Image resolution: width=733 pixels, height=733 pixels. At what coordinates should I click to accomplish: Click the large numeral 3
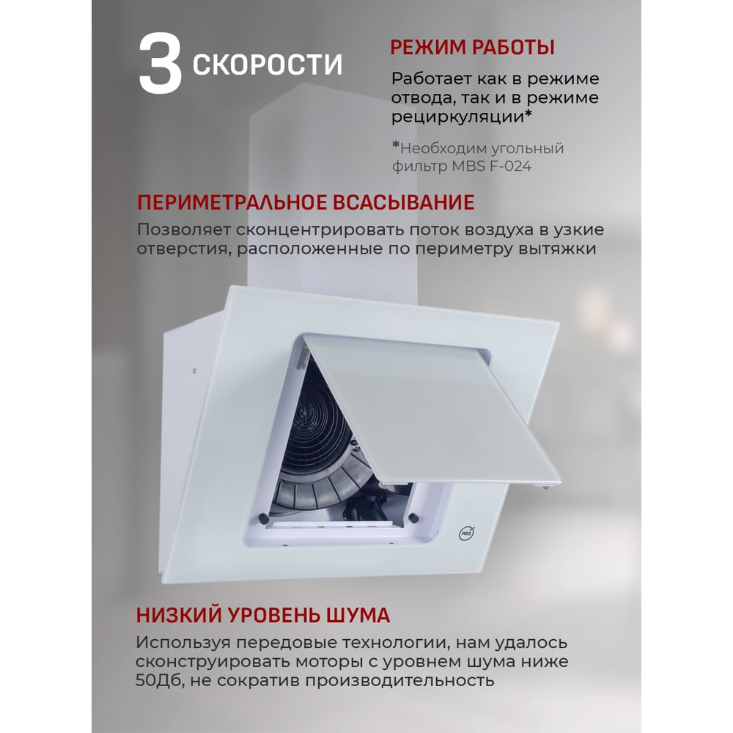click(x=160, y=64)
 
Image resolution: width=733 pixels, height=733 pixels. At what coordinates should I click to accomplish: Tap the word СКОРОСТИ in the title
click(x=267, y=64)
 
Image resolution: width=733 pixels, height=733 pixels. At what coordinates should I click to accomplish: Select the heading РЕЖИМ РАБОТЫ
click(x=472, y=48)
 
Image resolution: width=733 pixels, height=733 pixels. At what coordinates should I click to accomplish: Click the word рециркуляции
click(x=457, y=117)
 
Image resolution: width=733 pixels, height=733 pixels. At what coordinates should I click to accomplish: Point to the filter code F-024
click(x=510, y=166)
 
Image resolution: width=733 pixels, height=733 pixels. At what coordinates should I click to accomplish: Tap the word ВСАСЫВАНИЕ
click(x=403, y=203)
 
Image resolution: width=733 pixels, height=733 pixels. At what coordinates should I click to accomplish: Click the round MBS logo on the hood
click(x=466, y=533)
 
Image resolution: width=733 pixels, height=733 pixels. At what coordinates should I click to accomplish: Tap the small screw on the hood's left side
click(x=194, y=371)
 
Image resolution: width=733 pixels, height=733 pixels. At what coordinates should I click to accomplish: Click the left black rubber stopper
click(x=262, y=518)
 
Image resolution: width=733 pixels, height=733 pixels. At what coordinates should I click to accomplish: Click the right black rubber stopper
click(x=413, y=517)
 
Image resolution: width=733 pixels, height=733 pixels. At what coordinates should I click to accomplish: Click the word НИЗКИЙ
click(x=179, y=615)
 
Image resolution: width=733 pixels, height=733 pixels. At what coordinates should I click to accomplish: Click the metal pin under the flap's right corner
click(x=545, y=488)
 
